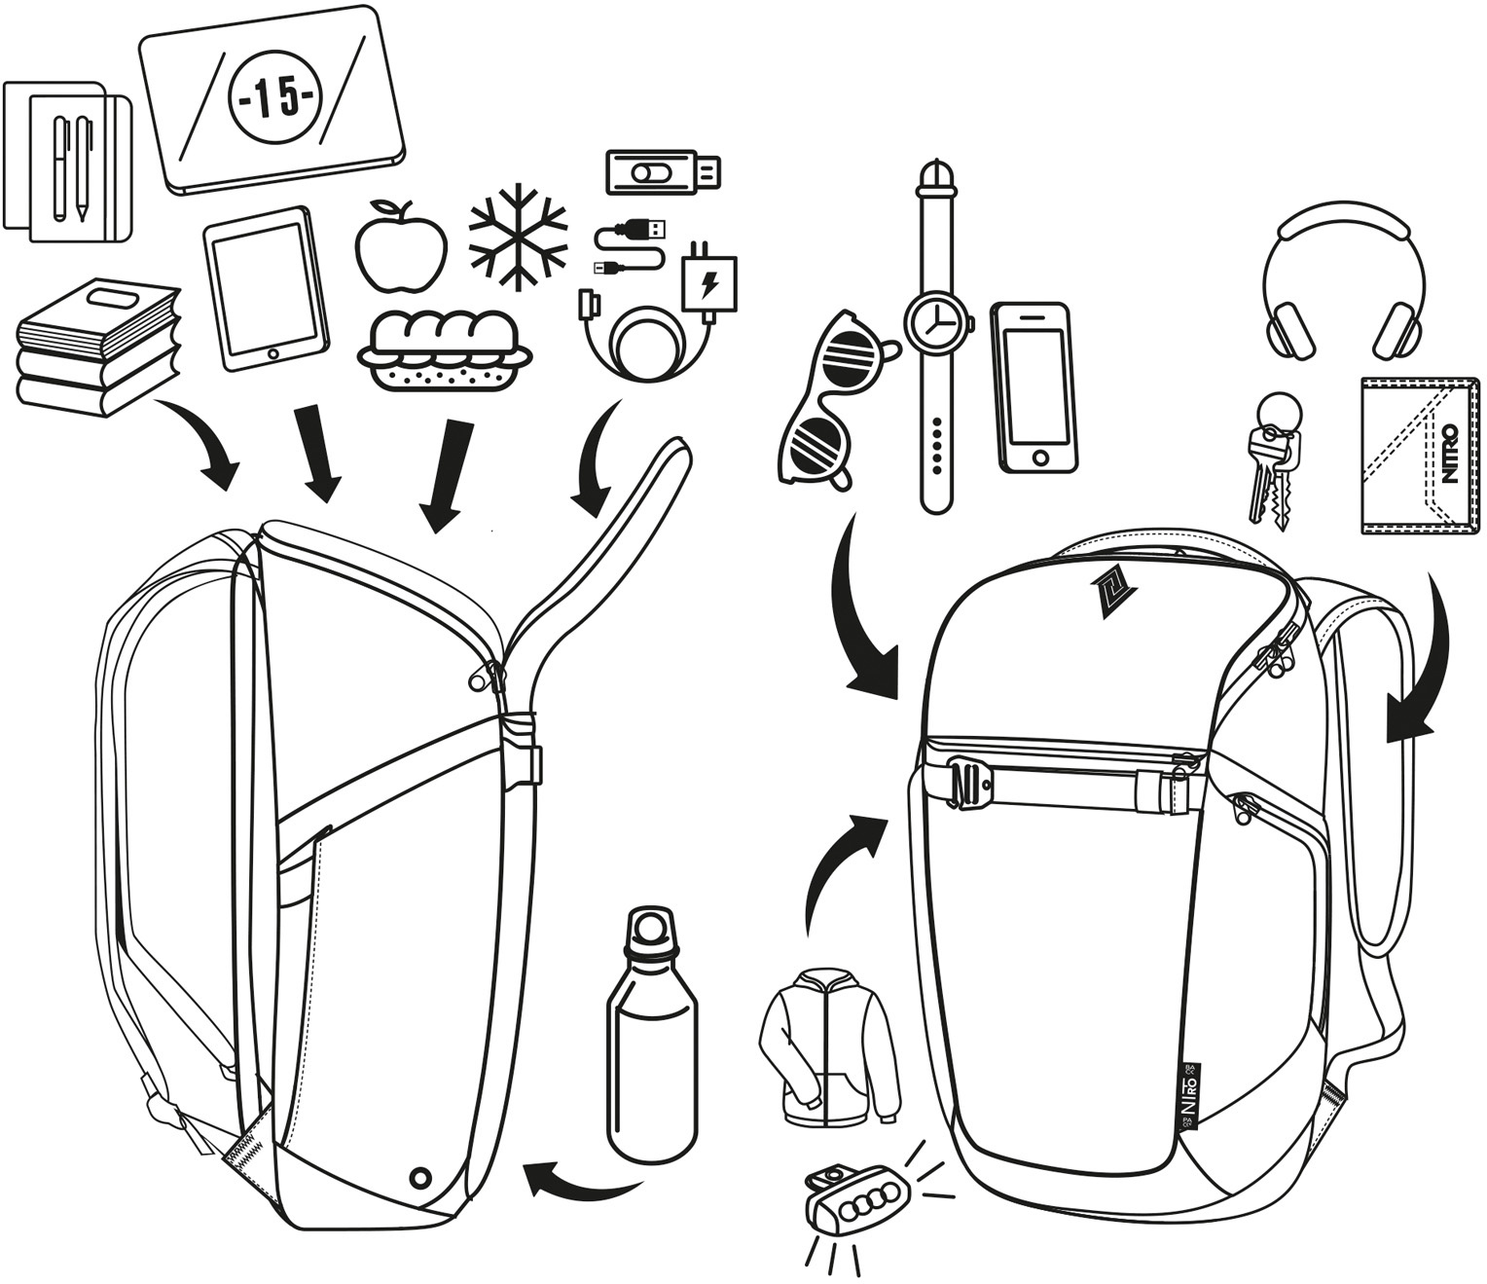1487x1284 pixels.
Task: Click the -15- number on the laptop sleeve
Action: tap(273, 99)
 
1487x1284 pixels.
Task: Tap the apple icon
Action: tap(400, 245)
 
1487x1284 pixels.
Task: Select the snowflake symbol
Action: tap(517, 237)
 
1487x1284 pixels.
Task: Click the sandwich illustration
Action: tap(445, 351)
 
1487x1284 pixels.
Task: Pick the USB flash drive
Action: tap(664, 172)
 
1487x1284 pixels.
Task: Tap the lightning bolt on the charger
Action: tap(709, 285)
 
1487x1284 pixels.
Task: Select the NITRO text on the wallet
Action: tap(1449, 453)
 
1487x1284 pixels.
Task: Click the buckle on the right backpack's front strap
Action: tap(969, 781)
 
